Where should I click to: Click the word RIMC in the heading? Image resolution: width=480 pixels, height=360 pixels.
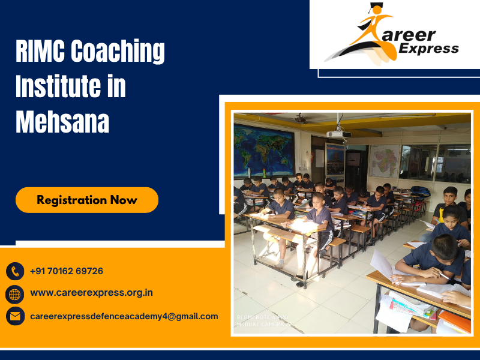click(40, 52)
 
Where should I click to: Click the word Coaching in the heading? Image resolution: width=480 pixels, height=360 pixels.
click(118, 52)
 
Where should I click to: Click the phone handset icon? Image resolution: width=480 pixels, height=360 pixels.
click(15, 271)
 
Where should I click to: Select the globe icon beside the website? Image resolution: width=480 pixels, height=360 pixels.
click(15, 294)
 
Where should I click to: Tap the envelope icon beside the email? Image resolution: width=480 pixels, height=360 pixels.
click(15, 316)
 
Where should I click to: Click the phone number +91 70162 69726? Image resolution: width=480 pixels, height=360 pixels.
click(67, 271)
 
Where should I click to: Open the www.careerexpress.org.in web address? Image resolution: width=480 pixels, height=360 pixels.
click(91, 293)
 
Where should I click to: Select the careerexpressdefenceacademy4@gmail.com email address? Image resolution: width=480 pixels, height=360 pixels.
click(124, 316)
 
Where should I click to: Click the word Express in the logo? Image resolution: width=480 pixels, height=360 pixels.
click(427, 49)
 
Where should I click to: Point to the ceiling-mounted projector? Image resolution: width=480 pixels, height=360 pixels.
click(338, 133)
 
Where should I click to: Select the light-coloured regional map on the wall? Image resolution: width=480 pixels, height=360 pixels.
click(385, 160)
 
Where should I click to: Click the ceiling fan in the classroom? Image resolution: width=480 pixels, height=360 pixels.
click(300, 119)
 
